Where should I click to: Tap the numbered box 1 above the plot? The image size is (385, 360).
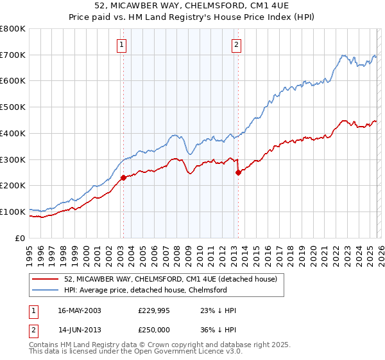(x=122, y=44)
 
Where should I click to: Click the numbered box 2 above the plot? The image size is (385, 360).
(x=236, y=44)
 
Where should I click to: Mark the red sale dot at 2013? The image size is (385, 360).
(x=238, y=172)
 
